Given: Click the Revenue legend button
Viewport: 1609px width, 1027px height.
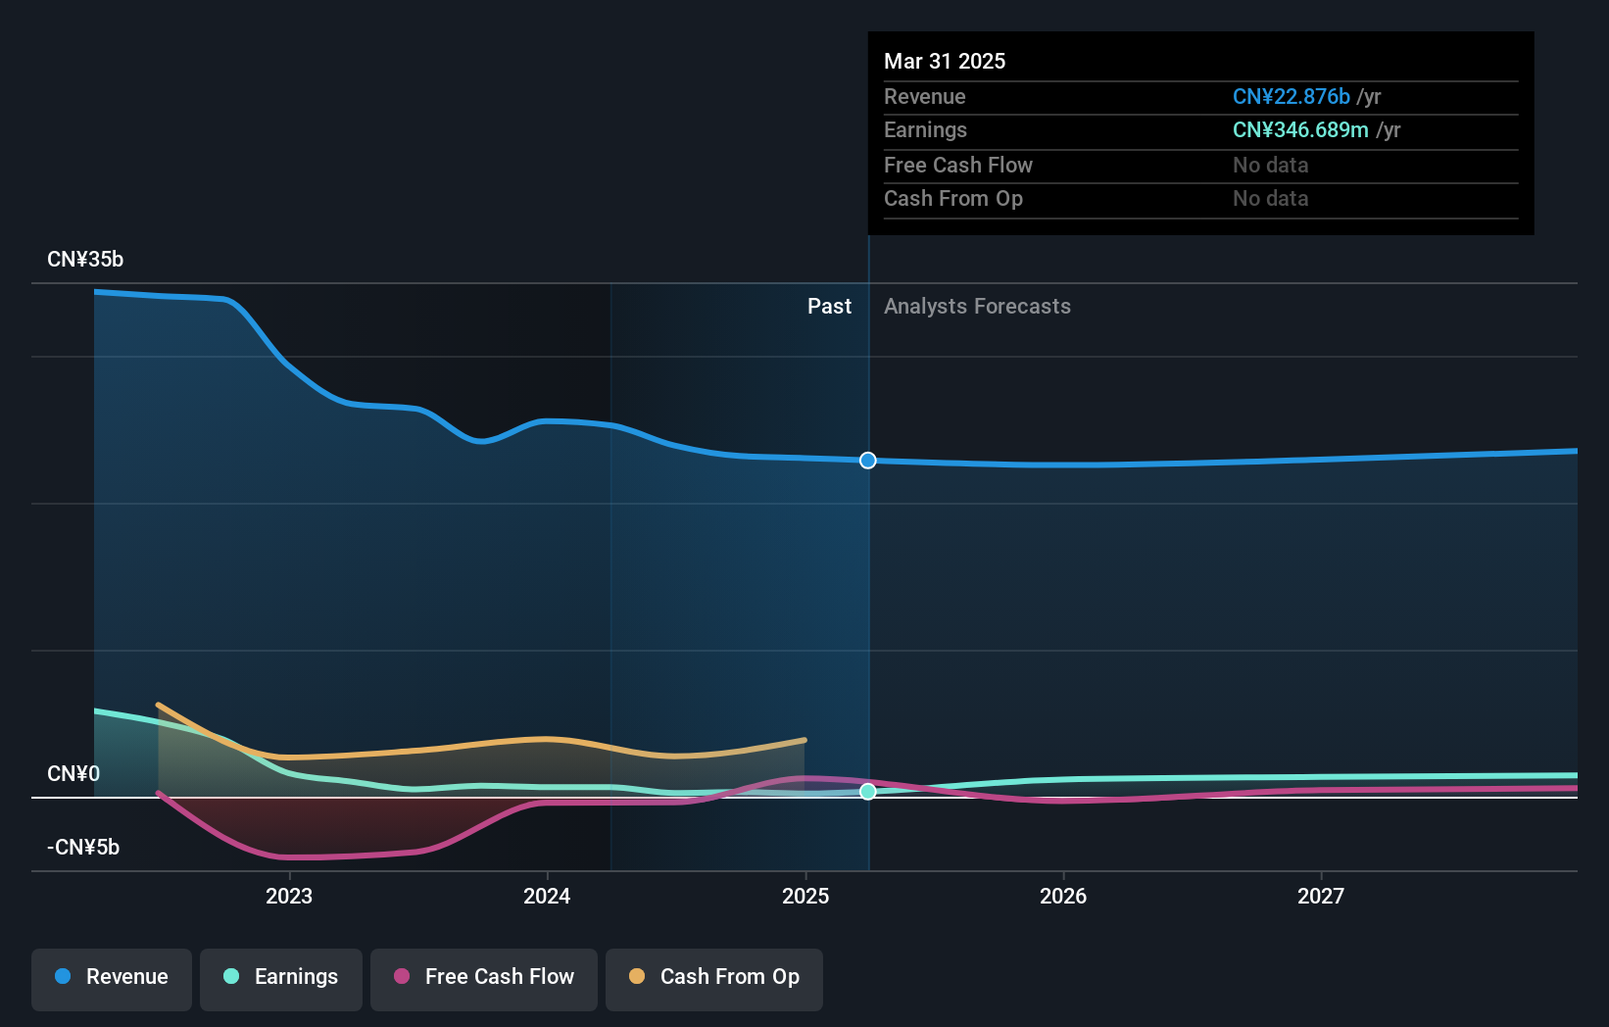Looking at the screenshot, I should click(x=112, y=977).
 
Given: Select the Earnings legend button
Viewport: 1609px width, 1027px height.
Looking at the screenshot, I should click(x=281, y=977).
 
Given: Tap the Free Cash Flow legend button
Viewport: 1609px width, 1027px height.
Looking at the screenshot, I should click(x=484, y=977).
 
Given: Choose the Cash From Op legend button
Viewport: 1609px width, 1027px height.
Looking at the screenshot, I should click(x=714, y=977).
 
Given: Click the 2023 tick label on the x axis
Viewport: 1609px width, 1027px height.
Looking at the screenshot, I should click(x=289, y=896).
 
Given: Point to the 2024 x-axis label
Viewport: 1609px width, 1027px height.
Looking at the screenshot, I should click(x=547, y=896).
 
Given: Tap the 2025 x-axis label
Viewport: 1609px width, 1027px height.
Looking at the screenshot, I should click(x=805, y=896).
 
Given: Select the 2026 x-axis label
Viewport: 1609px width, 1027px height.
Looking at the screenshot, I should click(x=1063, y=896).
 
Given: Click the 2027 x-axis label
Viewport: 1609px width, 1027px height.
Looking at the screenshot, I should click(x=1321, y=896).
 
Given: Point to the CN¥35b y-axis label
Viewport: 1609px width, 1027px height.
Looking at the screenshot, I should click(x=85, y=260).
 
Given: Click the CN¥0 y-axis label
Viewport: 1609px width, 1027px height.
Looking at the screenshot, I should click(x=73, y=774).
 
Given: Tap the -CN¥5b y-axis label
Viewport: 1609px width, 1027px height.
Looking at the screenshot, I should click(x=83, y=848).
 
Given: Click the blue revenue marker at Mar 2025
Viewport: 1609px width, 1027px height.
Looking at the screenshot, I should click(x=868, y=461).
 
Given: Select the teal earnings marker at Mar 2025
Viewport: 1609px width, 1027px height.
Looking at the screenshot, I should click(x=868, y=792).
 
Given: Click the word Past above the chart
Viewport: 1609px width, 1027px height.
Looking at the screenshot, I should click(x=829, y=307).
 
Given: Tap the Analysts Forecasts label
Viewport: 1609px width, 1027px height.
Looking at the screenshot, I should click(x=977, y=307).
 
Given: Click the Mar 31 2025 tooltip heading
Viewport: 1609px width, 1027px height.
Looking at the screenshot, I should click(x=945, y=61).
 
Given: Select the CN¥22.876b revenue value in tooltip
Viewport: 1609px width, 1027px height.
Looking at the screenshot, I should click(x=1291, y=96).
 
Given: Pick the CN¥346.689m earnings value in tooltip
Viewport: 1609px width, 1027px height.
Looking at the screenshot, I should click(x=1300, y=130).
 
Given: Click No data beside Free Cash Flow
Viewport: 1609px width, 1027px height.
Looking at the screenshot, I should click(x=1270, y=165).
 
